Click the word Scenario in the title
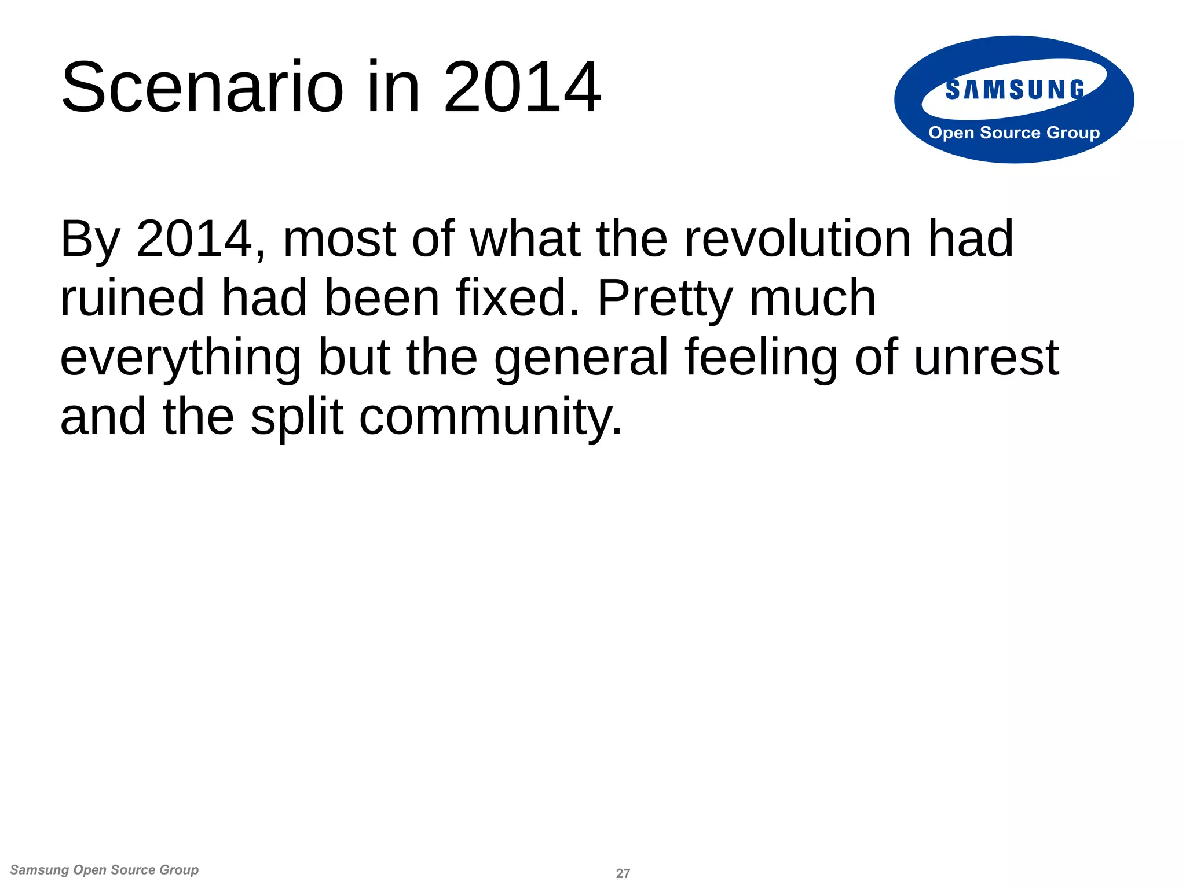(203, 88)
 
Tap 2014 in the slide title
(522, 88)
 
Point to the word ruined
(132, 298)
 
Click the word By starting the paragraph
(90, 240)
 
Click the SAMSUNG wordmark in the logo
(1015, 90)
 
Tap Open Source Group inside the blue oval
(1014, 133)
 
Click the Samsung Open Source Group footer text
(104, 870)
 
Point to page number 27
(623, 873)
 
